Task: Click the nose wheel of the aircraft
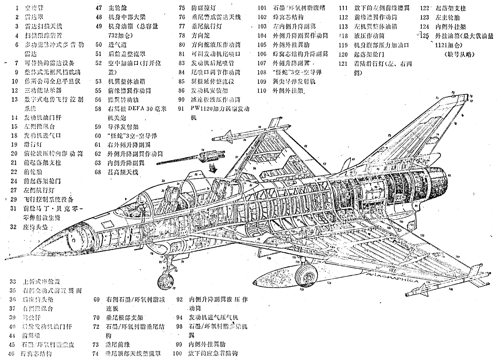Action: (x=165, y=280)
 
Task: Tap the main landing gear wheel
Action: (x=306, y=274)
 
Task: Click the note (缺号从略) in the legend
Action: (x=459, y=54)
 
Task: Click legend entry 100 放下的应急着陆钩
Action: (x=213, y=353)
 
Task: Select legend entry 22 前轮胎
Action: (x=33, y=172)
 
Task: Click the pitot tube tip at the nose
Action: (x=10, y=254)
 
